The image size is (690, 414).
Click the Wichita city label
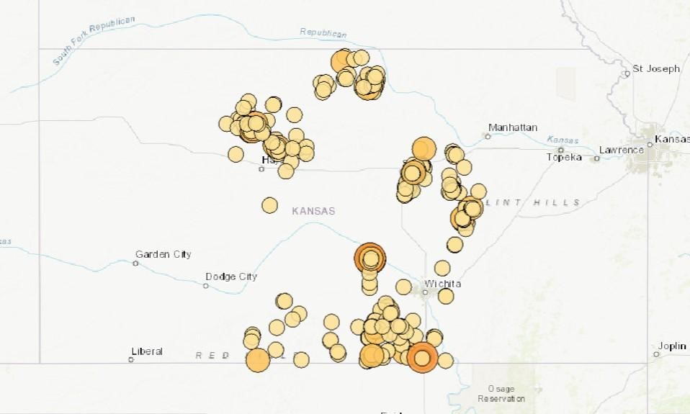(444, 284)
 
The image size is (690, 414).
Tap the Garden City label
(163, 254)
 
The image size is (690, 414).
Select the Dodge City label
(231, 276)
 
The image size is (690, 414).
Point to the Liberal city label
(147, 351)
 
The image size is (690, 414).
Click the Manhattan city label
(513, 127)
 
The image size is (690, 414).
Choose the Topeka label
(564, 158)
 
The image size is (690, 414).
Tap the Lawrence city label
(621, 150)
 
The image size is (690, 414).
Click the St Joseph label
(656, 69)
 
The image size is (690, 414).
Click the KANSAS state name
(313, 211)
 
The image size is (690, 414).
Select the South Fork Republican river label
(94, 42)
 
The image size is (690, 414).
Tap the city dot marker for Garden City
(135, 264)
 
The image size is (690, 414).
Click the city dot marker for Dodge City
(205, 286)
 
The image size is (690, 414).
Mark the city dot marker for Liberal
(131, 359)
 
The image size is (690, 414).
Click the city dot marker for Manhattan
(488, 136)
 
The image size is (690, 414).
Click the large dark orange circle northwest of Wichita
(370, 257)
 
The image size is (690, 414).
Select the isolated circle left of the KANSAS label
(269, 205)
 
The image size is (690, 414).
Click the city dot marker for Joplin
(656, 354)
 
